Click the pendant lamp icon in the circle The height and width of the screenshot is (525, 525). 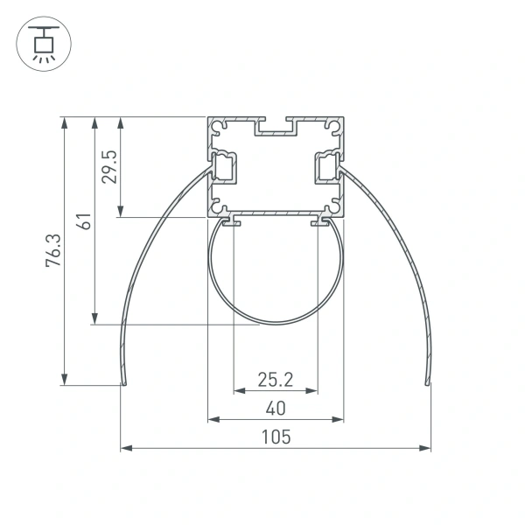click(40, 44)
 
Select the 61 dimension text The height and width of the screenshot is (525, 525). click(83, 220)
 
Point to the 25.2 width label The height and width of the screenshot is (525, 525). click(275, 379)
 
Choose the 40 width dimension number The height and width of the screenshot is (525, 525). click(275, 408)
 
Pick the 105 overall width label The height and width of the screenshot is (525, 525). click(275, 437)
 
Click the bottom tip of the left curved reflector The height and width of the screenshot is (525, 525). click(123, 382)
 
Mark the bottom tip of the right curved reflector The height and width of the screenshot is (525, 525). click(427, 382)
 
